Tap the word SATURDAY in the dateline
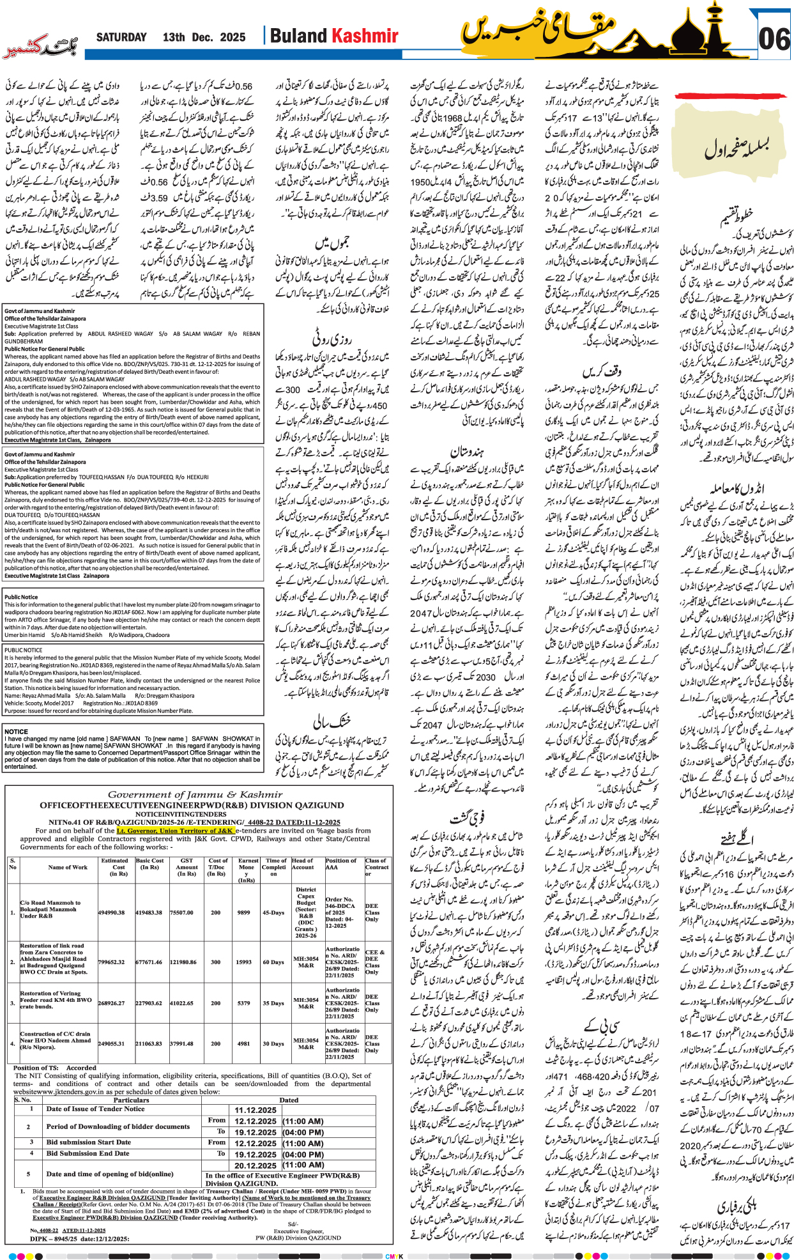tap(121, 37)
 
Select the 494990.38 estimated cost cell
tap(111, 912)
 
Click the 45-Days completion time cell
tap(273, 912)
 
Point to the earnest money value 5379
tap(243, 1003)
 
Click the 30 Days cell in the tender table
tap(273, 1043)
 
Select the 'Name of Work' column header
tap(68, 867)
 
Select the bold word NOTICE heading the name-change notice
tap(16, 732)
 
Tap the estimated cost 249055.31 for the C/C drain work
tap(111, 1043)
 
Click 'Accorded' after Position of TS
tap(81, 1068)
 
